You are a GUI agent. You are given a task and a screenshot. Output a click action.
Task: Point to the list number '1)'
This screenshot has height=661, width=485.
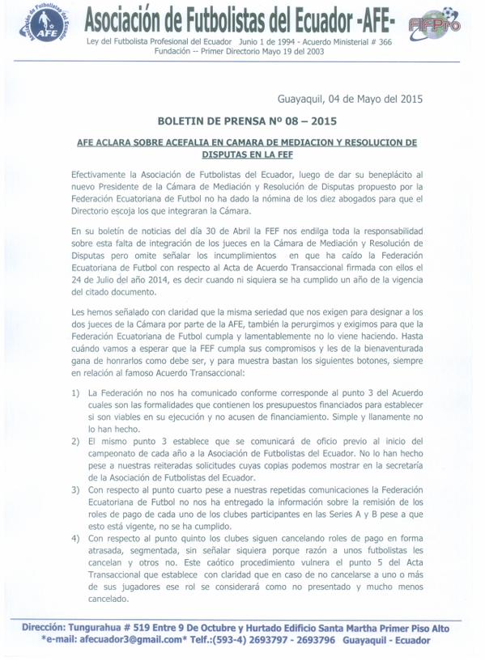coord(75,392)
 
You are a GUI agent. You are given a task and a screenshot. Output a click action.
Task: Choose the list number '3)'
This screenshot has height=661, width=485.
coord(75,489)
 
